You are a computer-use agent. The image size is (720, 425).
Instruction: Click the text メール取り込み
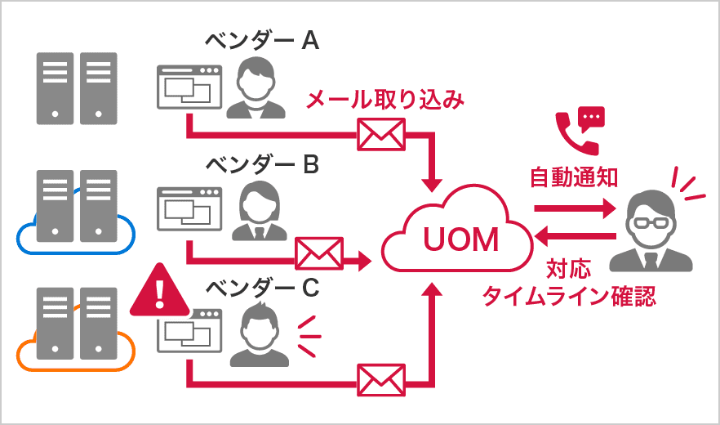click(384, 101)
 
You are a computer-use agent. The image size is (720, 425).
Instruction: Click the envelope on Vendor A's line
click(382, 134)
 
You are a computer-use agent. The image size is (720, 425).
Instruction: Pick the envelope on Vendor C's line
click(382, 379)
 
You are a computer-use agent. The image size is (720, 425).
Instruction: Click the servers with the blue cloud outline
click(76, 212)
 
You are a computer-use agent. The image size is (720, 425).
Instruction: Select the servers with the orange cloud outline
click(76, 331)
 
